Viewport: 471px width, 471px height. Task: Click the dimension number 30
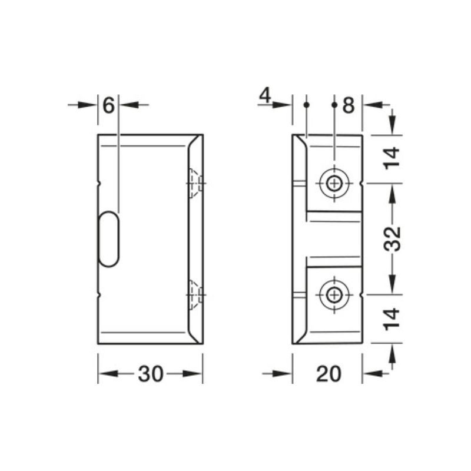coord(151,374)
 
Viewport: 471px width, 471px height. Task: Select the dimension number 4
coord(265,95)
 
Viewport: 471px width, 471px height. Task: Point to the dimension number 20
coord(328,374)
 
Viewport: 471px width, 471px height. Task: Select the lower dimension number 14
coord(393,318)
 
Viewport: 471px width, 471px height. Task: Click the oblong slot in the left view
coord(109,240)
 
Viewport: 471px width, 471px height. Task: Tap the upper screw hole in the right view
coord(334,183)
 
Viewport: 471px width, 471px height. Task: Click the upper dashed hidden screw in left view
coord(195,183)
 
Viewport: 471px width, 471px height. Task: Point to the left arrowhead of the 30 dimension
coord(106,374)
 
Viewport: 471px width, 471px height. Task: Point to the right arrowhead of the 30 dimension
coord(194,374)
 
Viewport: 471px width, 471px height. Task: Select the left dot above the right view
coord(306,105)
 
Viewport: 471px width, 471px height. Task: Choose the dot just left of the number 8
coord(334,105)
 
